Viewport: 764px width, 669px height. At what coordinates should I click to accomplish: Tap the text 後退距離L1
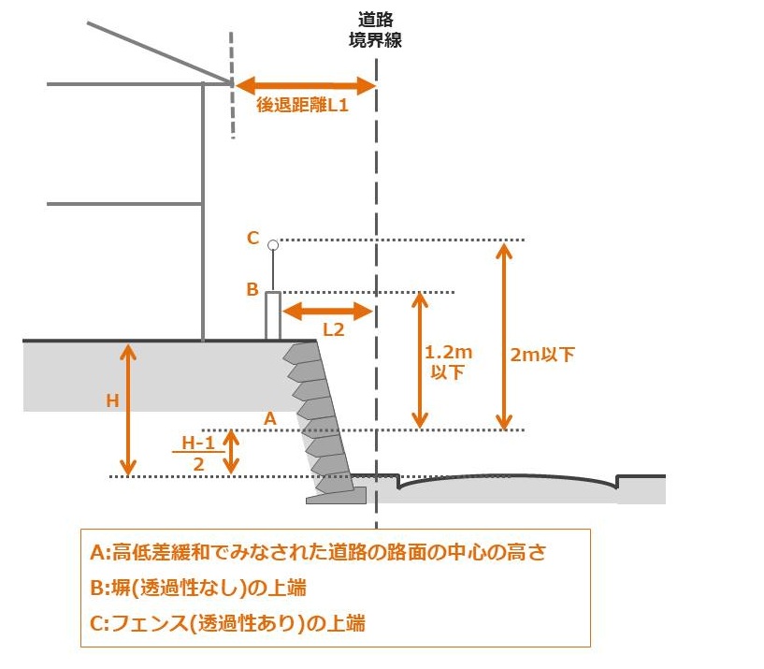[303, 107]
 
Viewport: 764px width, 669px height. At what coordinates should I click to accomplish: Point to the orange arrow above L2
[327, 311]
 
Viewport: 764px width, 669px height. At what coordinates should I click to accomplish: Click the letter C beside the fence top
[252, 239]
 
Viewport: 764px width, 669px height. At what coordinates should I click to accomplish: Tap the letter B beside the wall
[252, 290]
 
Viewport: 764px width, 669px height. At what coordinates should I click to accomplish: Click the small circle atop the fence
[273, 245]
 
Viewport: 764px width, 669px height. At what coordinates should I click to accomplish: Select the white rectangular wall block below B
[273, 315]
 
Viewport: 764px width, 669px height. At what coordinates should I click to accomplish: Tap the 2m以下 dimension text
[542, 355]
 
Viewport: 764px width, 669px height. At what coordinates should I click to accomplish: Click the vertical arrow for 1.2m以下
[420, 359]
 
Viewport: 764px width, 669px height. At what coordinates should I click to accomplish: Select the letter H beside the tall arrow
[112, 400]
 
